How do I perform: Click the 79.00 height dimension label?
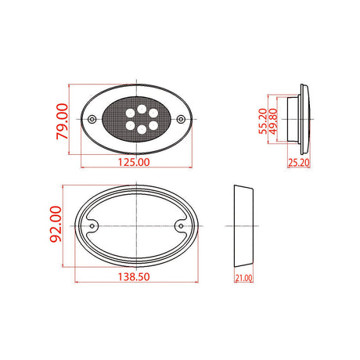(62, 121)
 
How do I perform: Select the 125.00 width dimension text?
(134, 162)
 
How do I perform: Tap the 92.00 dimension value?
(56, 224)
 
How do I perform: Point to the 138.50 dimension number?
(134, 277)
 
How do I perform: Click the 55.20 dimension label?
(263, 121)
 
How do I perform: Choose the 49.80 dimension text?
(273, 121)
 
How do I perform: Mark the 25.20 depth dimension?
(299, 163)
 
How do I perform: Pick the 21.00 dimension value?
(243, 278)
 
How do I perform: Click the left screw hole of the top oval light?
(92, 120)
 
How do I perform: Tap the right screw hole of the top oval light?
(181, 120)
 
